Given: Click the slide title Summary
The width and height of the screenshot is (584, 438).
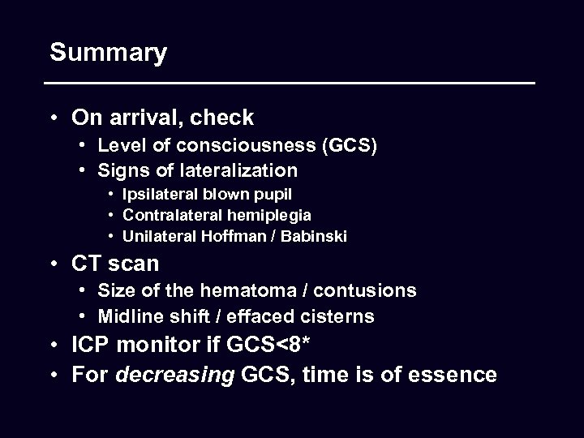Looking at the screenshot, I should pyautogui.click(x=108, y=54).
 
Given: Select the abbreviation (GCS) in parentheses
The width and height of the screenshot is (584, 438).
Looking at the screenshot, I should pyautogui.click(x=349, y=147).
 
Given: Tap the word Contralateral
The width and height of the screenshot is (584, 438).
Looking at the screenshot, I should pyautogui.click(x=174, y=216).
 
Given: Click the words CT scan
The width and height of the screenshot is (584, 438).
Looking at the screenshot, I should pyautogui.click(x=116, y=264).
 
